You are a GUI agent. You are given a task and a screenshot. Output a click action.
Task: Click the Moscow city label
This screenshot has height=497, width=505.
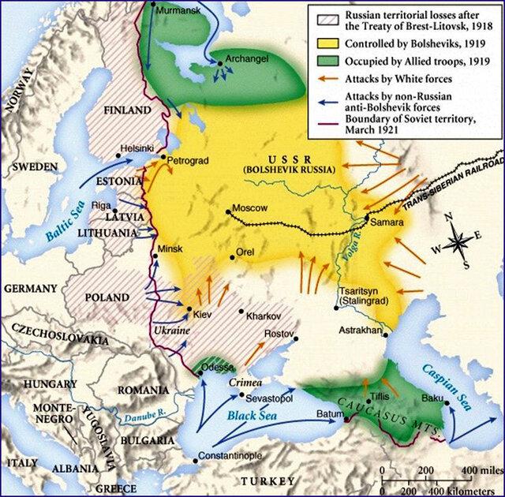click(x=251, y=207)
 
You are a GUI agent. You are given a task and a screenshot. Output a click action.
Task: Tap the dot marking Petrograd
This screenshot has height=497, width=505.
click(x=163, y=159)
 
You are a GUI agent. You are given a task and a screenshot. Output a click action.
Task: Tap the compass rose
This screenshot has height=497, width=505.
click(x=458, y=241)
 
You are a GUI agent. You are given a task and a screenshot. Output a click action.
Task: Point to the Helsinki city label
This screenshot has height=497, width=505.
click(x=138, y=148)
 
